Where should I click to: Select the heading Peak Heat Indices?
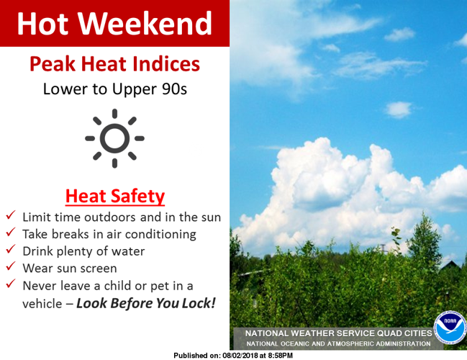[114, 65]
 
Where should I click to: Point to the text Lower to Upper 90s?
[114, 90]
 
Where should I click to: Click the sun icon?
[115, 138]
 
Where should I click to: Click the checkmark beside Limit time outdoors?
[12, 216]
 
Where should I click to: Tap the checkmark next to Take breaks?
[12, 233]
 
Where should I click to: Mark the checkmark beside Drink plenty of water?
[12, 251]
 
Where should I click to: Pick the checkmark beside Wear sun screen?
[12, 268]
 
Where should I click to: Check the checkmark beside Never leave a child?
[12, 285]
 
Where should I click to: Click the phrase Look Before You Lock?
[146, 302]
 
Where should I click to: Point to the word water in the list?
[127, 251]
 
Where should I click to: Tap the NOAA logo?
[450, 328]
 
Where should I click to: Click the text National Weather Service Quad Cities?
[338, 334]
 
